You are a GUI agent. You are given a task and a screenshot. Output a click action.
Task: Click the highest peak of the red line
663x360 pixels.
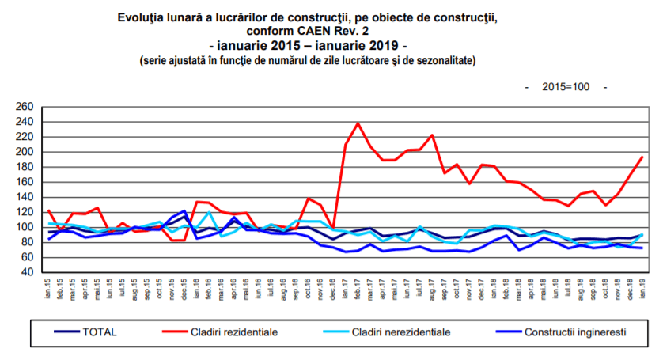click(x=358, y=123)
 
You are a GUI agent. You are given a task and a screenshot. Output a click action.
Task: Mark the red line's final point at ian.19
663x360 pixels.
click(x=641, y=157)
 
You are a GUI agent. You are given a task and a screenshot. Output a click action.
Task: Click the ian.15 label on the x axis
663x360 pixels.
click(x=50, y=286)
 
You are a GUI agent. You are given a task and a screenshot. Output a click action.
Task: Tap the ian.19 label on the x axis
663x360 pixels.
click(x=641, y=286)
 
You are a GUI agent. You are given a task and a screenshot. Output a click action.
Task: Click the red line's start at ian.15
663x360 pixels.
click(x=49, y=210)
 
